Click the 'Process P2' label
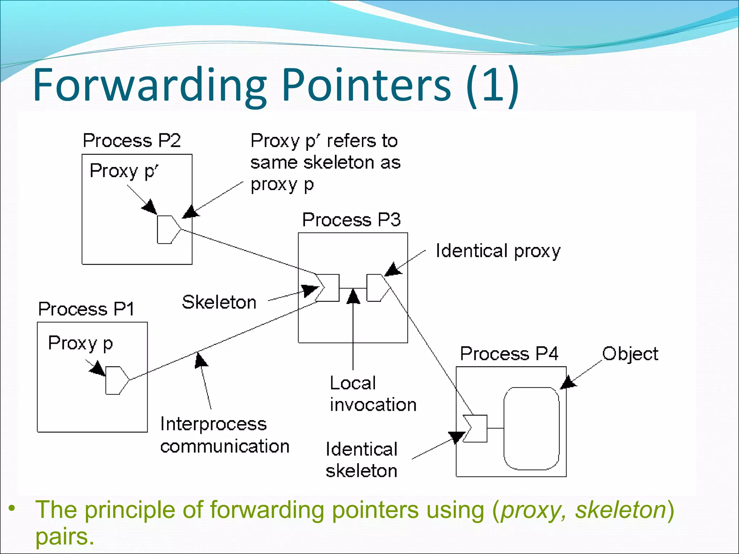tap(132, 140)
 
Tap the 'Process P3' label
tap(351, 220)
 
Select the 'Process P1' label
tap(86, 309)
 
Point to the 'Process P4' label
tap(509, 353)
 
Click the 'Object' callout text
tap(630, 354)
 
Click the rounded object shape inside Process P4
tap(531, 428)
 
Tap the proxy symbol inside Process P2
tap(167, 230)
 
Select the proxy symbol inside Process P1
tap(115, 380)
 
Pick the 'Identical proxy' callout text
tap(498, 251)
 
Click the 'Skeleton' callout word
tap(219, 302)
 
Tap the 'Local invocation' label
tap(373, 394)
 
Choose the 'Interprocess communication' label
tap(224, 435)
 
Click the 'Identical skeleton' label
tap(361, 460)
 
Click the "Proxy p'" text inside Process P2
tap(124, 171)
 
